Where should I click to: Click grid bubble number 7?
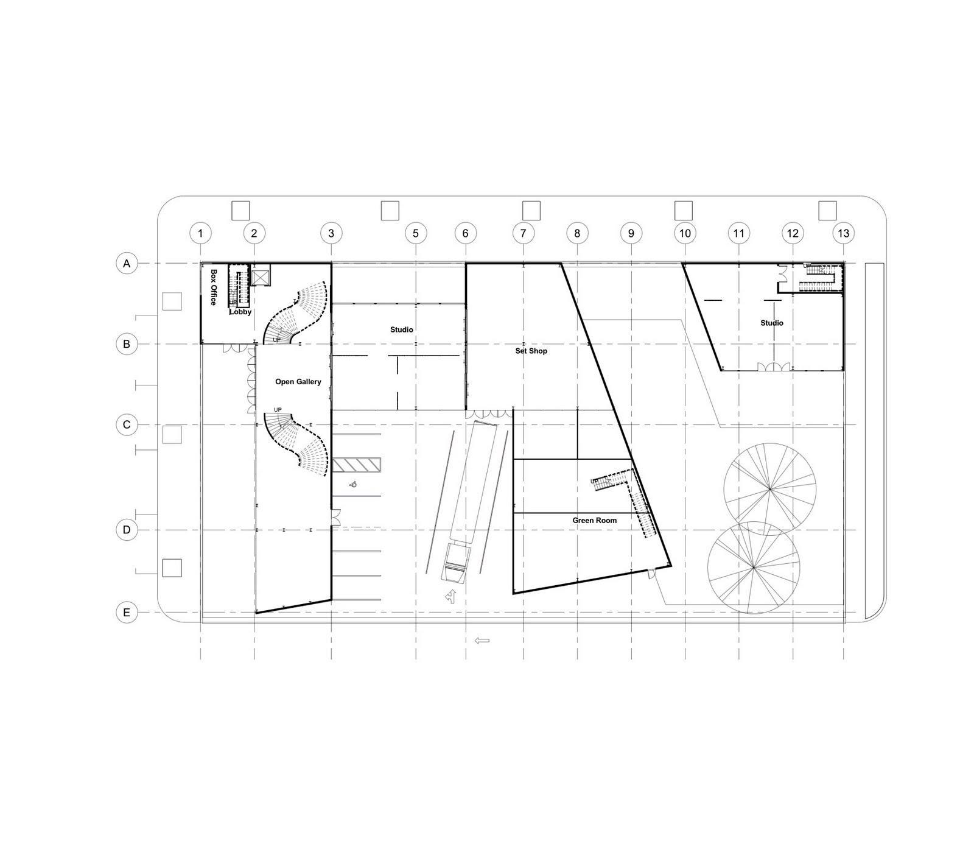[x=523, y=233]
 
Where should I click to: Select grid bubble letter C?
[x=127, y=424]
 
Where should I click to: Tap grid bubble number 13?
[x=843, y=233]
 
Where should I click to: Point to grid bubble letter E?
[x=127, y=612]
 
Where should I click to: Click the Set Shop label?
[x=531, y=351]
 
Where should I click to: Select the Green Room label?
[x=594, y=521]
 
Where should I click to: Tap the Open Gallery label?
[x=298, y=382]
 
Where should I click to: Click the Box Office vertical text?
[x=214, y=287]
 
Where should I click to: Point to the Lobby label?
[x=240, y=312]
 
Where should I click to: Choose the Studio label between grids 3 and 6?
[x=401, y=329]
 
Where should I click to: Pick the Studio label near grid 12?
[x=771, y=323]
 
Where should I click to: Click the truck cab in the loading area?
[x=457, y=563]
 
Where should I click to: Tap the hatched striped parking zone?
[x=356, y=465]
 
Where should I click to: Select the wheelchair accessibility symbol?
[x=353, y=485]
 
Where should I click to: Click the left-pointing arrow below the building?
[x=482, y=640]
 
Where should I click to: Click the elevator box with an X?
[x=260, y=278]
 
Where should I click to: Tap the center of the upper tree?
[x=769, y=488]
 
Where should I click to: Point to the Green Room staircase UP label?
[x=594, y=482]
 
